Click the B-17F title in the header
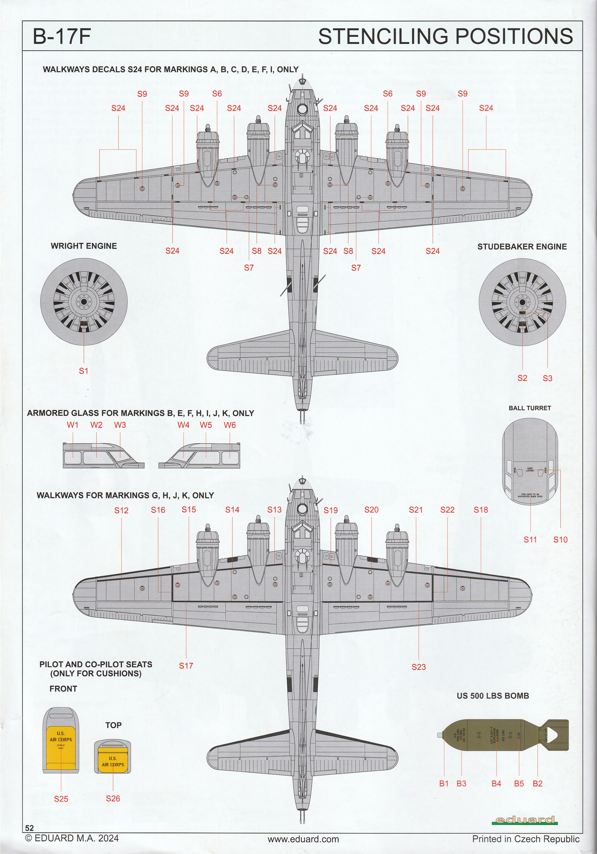pos(62,37)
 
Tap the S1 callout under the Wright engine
pos(84,371)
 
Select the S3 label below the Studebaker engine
pos(547,378)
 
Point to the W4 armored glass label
pos(183,425)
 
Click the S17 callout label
pos(186,666)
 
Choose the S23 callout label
pos(418,667)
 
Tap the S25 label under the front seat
pos(61,799)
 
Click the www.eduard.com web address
pos(303,847)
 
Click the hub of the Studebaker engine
pos(522,302)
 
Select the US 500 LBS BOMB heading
pos(493,696)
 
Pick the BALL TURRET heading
pos(530,408)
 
